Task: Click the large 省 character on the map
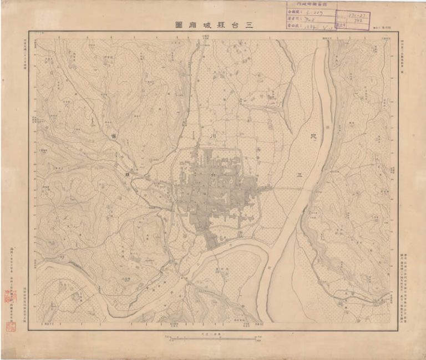tap(113, 135)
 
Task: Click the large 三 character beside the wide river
tap(300, 175)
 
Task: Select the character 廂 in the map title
tap(193, 25)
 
